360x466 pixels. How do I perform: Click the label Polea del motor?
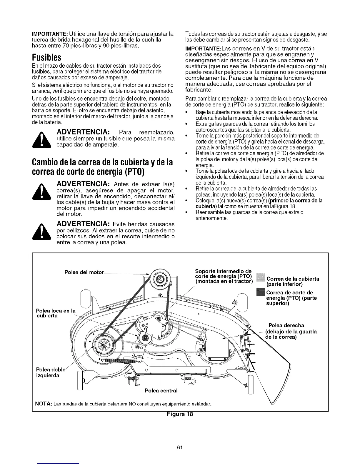point(84,272)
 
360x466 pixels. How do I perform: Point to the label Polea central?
point(161,391)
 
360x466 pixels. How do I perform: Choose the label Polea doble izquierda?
point(47,372)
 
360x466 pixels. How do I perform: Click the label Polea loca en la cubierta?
point(55,313)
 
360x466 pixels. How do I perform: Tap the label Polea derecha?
point(286,325)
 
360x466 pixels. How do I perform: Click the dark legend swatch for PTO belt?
point(261,293)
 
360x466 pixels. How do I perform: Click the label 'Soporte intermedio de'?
point(223,271)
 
